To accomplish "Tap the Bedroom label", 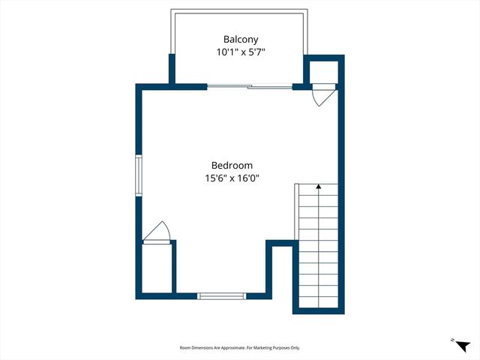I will [x=232, y=165].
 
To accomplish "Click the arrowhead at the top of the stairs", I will [x=319, y=186].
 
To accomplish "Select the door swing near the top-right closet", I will [x=320, y=97].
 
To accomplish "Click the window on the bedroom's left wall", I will [x=138, y=176].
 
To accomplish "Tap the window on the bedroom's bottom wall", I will [x=221, y=296].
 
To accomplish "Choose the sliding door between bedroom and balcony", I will [x=250, y=87].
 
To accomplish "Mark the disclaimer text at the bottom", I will [x=239, y=348].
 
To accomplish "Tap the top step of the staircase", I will [x=319, y=193].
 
